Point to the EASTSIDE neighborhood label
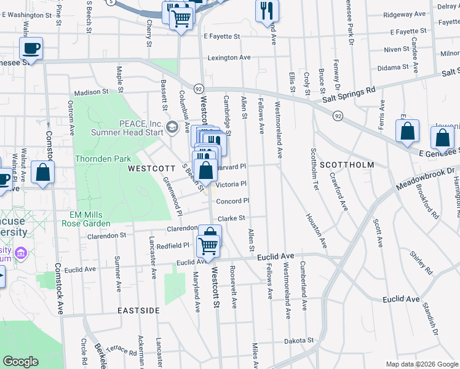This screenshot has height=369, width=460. (x=139, y=311)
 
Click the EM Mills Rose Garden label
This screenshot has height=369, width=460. (x=86, y=219)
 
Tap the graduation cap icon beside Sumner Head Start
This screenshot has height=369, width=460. (x=172, y=127)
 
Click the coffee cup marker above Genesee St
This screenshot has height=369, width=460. (x=31, y=48)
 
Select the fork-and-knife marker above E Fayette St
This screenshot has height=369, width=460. (x=267, y=10)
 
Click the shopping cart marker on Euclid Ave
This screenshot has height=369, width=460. (x=209, y=246)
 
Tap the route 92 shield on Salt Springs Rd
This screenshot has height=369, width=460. (x=338, y=116)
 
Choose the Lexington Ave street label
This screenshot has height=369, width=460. (x=229, y=57)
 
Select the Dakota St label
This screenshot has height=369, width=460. (x=299, y=340)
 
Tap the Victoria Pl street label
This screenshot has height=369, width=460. (x=231, y=184)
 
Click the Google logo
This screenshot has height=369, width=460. (x=21, y=362)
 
